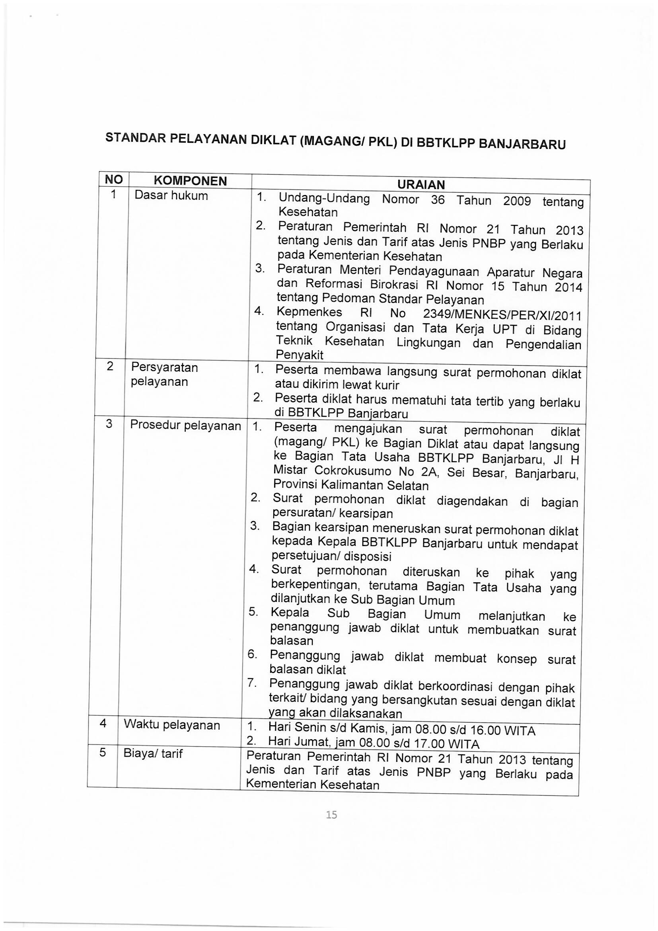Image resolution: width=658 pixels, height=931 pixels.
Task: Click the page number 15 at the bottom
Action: pyautogui.click(x=331, y=814)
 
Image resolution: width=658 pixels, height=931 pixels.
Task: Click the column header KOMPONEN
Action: pyautogui.click(x=191, y=181)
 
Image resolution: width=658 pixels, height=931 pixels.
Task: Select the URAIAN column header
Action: pyautogui.click(x=421, y=185)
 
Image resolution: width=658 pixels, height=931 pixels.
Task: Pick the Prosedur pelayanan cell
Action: pyautogui.click(x=185, y=425)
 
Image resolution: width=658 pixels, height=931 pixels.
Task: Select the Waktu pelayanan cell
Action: pyautogui.click(x=172, y=724)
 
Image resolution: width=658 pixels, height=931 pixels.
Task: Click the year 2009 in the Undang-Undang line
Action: pyautogui.click(x=517, y=201)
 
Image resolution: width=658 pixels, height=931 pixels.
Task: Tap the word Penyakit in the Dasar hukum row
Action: pyautogui.click(x=300, y=355)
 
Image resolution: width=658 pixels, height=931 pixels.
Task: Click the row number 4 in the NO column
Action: pyautogui.click(x=103, y=723)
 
